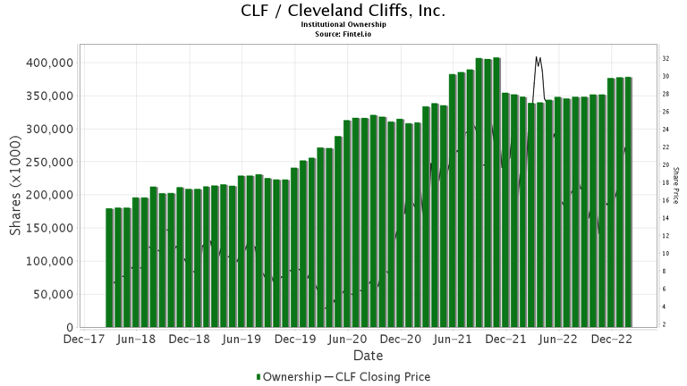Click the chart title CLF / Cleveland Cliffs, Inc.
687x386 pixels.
point(343,12)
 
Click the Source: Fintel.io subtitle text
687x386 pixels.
point(343,33)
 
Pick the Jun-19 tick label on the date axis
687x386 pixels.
point(242,340)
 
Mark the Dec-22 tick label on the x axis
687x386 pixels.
point(612,340)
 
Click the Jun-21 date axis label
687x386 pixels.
point(453,340)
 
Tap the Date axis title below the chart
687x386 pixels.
point(368,356)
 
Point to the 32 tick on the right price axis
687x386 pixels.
point(666,59)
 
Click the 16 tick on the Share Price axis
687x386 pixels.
point(666,200)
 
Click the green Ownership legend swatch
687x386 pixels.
point(259,377)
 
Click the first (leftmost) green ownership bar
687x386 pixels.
point(109,268)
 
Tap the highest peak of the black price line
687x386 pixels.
point(537,57)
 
